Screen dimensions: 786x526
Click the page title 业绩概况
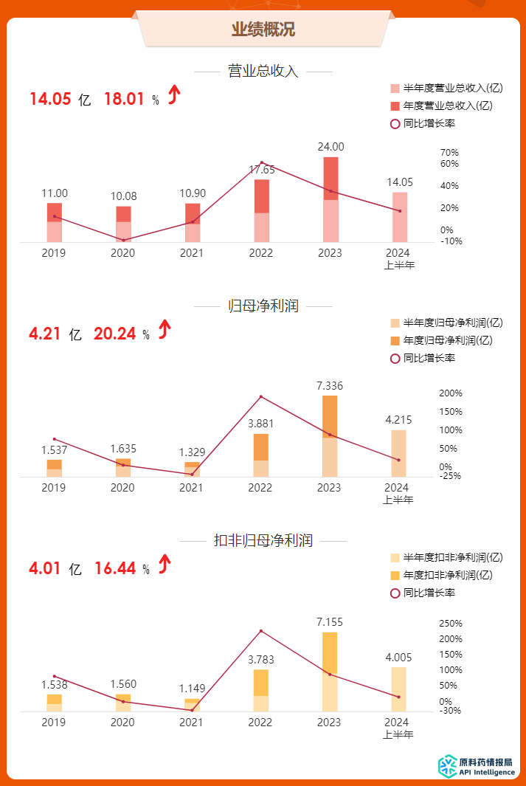pos(263,30)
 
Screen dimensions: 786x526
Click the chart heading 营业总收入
pos(263,72)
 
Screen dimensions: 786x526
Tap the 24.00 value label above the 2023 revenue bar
pos(331,147)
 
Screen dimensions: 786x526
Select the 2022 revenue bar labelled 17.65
pos(261,210)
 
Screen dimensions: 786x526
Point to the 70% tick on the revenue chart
pos(449,153)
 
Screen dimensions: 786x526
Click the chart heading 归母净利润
pos(263,306)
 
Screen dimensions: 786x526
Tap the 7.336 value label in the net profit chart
pos(330,385)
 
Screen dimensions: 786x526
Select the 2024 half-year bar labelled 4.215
pos(398,453)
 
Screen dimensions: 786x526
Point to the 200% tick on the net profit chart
pos(451,393)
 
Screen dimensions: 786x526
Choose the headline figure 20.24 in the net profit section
pos(114,334)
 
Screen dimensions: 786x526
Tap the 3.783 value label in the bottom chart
pos(260,659)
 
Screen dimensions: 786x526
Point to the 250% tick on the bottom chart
pos(451,624)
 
